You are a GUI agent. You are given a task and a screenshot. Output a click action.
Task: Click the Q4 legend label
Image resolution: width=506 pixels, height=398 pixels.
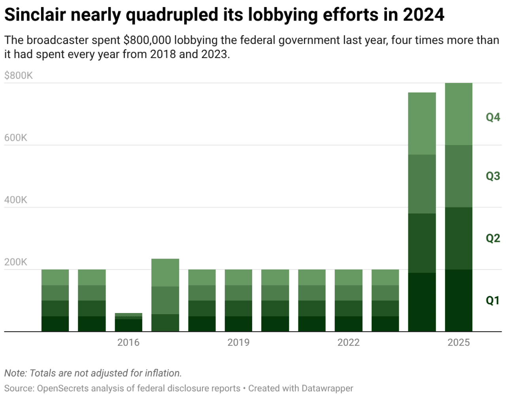493,117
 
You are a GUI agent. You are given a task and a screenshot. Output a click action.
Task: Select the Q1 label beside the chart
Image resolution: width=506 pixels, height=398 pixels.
493,300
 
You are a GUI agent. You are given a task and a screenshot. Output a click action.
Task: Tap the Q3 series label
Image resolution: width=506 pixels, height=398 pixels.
493,176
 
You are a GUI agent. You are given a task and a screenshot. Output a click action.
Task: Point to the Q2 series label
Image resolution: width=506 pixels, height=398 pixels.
493,238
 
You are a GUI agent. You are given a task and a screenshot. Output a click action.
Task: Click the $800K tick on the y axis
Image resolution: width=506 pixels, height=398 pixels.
18,75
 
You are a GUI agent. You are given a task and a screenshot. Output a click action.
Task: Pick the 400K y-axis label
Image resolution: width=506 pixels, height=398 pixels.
16,200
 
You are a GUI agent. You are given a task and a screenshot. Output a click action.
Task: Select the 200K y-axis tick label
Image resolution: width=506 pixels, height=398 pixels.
16,262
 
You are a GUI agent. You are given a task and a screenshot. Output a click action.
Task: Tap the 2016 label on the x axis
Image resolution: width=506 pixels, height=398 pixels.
128,342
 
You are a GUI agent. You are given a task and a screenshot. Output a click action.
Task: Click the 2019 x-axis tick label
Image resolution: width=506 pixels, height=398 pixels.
238,342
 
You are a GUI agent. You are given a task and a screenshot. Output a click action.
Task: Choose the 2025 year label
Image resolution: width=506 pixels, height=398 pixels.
459,342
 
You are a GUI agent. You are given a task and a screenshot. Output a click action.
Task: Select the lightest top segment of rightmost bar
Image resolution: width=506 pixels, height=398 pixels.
459,114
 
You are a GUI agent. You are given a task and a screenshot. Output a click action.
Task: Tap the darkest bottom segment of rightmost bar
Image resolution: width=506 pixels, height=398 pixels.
459,300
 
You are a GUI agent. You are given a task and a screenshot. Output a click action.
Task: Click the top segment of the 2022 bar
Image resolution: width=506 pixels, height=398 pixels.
348,277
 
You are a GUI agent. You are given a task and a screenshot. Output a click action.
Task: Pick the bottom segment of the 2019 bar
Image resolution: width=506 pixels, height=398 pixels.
238,324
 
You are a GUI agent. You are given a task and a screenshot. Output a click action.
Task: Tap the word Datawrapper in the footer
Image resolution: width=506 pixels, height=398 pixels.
327,389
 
